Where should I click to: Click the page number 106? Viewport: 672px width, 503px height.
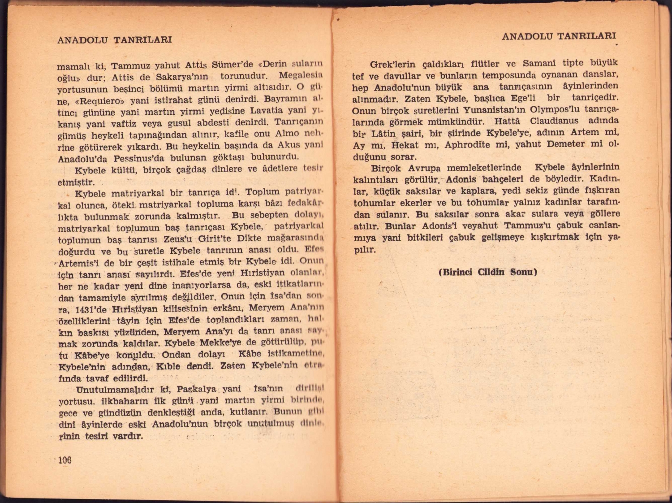click(65, 460)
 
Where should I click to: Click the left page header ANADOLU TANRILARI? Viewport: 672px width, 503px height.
click(115, 40)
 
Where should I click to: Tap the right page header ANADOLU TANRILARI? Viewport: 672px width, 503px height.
click(559, 36)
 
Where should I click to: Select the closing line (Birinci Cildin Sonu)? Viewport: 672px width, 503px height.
click(487, 272)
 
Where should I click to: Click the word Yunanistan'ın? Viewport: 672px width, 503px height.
click(492, 110)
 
